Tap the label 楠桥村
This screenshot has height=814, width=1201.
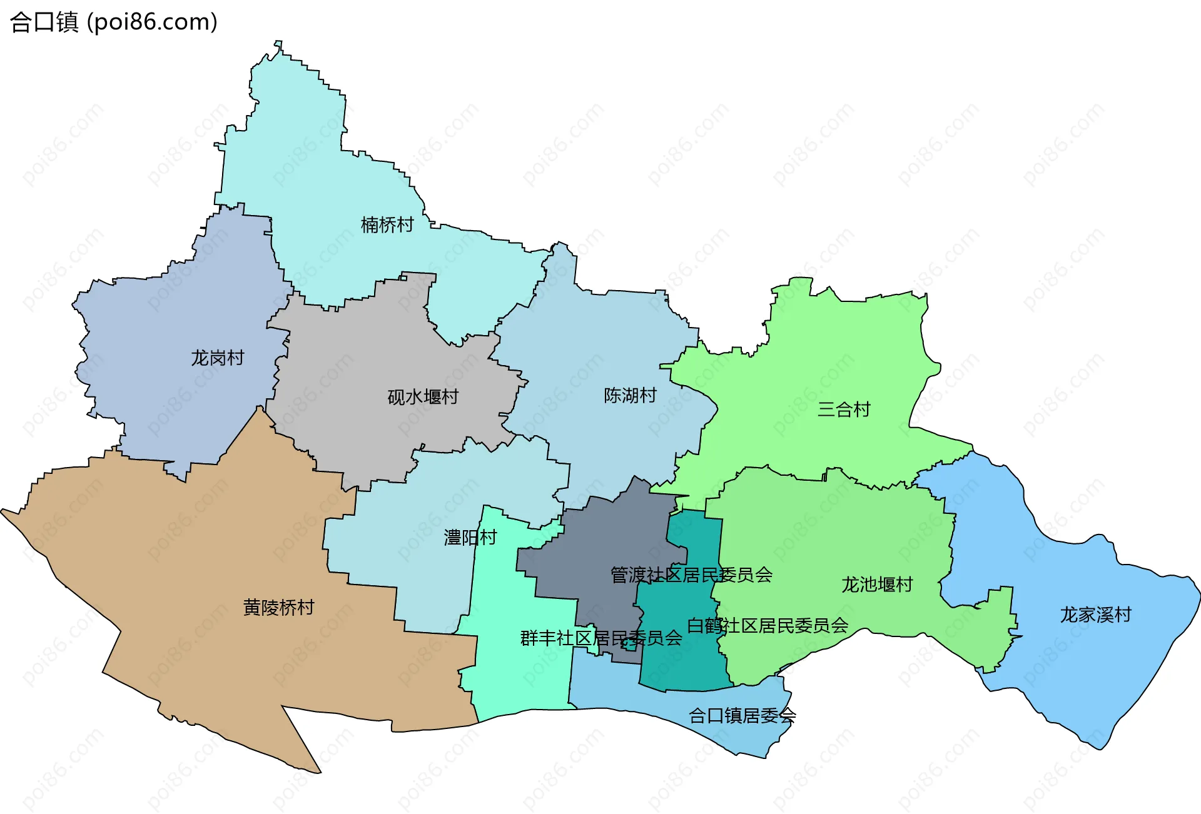tap(387, 224)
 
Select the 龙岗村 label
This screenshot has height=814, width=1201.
tap(217, 358)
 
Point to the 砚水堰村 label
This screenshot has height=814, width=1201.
tap(423, 396)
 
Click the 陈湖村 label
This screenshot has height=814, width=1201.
tap(630, 395)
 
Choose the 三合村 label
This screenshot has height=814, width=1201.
tap(844, 410)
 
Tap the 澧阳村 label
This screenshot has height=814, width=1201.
tap(470, 537)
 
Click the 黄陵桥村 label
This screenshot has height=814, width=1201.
tap(278, 607)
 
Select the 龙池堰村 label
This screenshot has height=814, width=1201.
tap(877, 585)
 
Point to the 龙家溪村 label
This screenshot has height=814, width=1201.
tap(1095, 615)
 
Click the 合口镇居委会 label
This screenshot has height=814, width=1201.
tap(742, 715)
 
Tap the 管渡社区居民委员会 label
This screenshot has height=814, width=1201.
tap(691, 575)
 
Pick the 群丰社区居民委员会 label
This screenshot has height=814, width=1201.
tap(601, 638)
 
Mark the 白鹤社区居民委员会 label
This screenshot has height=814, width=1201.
tap(768, 625)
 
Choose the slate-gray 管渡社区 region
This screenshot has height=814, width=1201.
tap(600, 538)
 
